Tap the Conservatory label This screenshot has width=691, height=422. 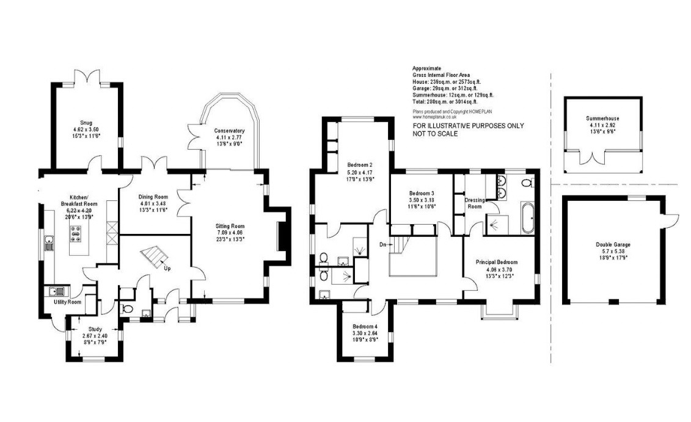[x=229, y=131]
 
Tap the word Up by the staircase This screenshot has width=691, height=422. [x=166, y=267]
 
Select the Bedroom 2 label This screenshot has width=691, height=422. [x=360, y=164]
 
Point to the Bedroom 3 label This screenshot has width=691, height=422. [x=421, y=193]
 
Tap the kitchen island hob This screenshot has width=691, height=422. [x=77, y=232]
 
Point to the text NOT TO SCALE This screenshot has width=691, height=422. [x=435, y=134]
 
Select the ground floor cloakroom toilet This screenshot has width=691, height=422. [x=127, y=309]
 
